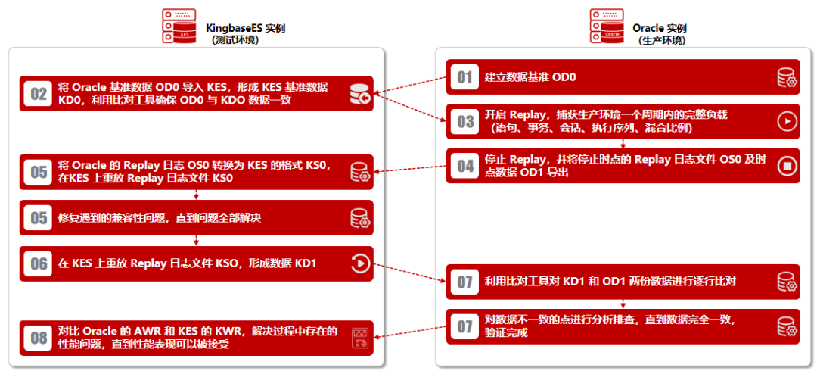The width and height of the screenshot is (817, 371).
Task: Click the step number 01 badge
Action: click(x=464, y=77)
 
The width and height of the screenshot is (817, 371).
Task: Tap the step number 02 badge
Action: click(x=39, y=94)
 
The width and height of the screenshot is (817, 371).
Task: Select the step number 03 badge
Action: click(x=464, y=121)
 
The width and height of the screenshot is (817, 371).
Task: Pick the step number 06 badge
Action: click(x=39, y=263)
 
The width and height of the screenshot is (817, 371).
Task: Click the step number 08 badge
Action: click(x=39, y=338)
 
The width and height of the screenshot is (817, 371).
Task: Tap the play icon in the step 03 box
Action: click(x=787, y=121)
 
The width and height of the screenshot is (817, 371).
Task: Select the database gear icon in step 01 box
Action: click(x=787, y=78)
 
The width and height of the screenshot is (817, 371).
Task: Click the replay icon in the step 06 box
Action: click(x=360, y=263)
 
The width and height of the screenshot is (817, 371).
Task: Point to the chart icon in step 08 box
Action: click(x=360, y=338)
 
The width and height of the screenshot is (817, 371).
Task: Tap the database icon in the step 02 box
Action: click(x=360, y=95)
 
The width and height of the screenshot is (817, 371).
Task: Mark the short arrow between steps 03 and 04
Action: click(x=623, y=143)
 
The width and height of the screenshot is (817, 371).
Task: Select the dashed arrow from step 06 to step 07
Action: click(x=409, y=273)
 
